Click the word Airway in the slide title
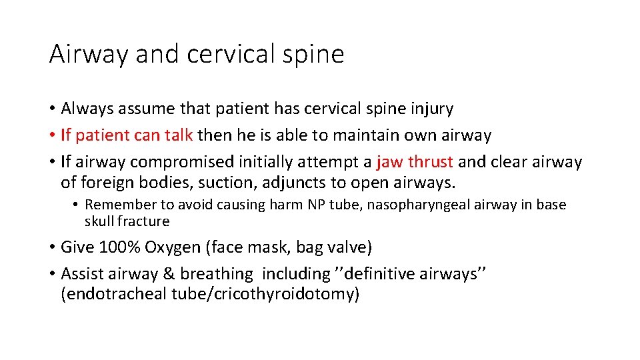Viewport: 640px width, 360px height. tap(89, 54)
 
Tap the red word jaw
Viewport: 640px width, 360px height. tap(389, 162)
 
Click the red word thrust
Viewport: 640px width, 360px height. tap(431, 162)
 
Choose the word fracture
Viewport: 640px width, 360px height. tap(144, 221)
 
